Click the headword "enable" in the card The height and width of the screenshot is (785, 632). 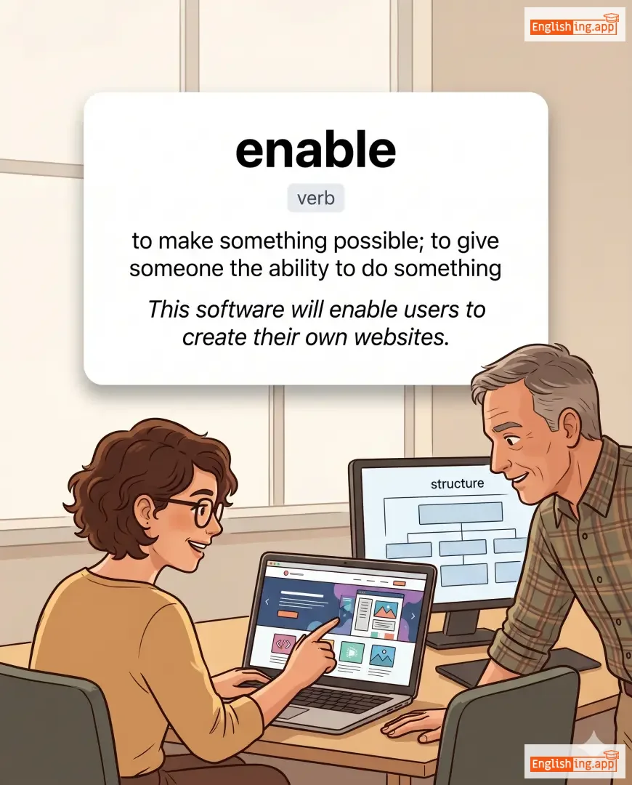point(316,150)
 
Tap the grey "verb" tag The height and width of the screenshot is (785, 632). point(316,198)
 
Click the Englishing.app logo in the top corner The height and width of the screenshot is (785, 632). point(575,25)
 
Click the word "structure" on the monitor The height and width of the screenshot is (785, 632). point(458,483)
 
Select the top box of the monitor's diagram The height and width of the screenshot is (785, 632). point(461,512)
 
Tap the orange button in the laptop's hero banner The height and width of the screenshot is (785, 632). point(287,613)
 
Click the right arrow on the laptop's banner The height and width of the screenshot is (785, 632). point(413,616)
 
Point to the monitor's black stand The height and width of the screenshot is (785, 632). point(461,629)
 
